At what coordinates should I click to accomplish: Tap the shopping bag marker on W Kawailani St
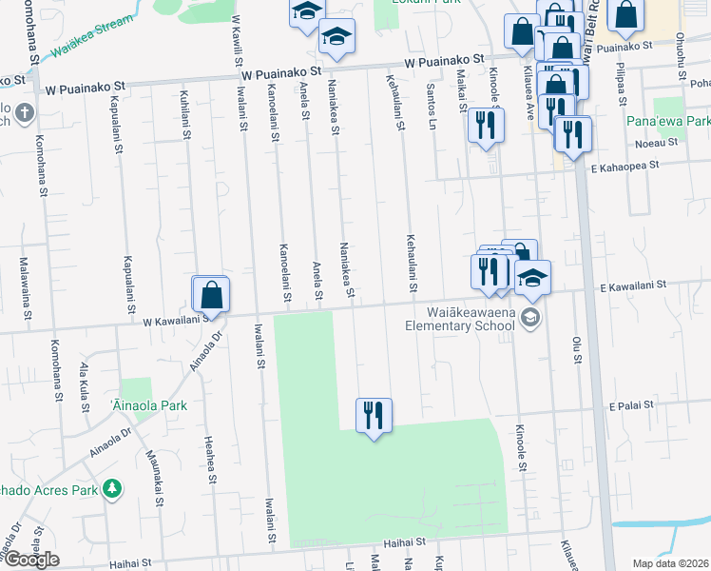tap(211, 294)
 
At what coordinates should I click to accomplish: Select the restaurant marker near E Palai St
tap(374, 415)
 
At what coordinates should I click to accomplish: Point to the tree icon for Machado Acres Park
tap(113, 489)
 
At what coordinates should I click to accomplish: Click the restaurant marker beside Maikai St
tap(485, 126)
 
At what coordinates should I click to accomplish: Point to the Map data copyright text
tap(670, 563)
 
